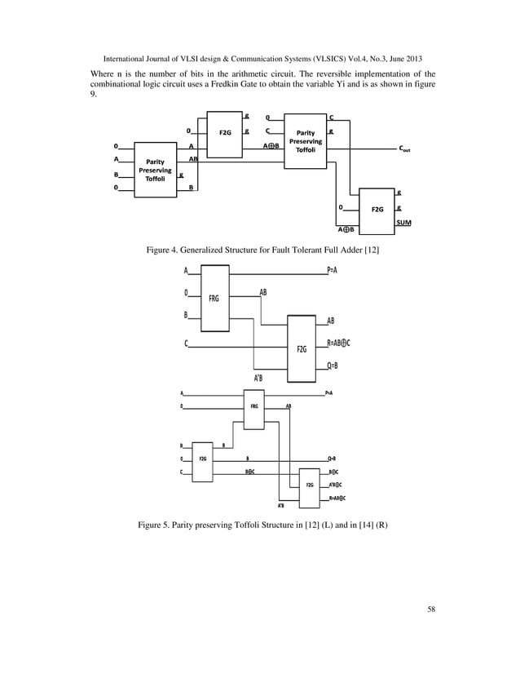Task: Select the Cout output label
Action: coord(404,150)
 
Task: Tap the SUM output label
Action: coord(403,223)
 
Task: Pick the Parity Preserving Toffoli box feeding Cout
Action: coord(305,140)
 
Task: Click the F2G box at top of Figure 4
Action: coord(224,131)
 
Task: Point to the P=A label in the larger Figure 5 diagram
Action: coord(334,270)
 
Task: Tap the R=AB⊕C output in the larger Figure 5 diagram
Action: coord(338,344)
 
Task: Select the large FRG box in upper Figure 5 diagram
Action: coord(214,299)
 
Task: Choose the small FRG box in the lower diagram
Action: coord(254,406)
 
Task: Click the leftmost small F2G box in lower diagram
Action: coord(201,459)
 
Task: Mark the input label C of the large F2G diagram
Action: coord(186,344)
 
